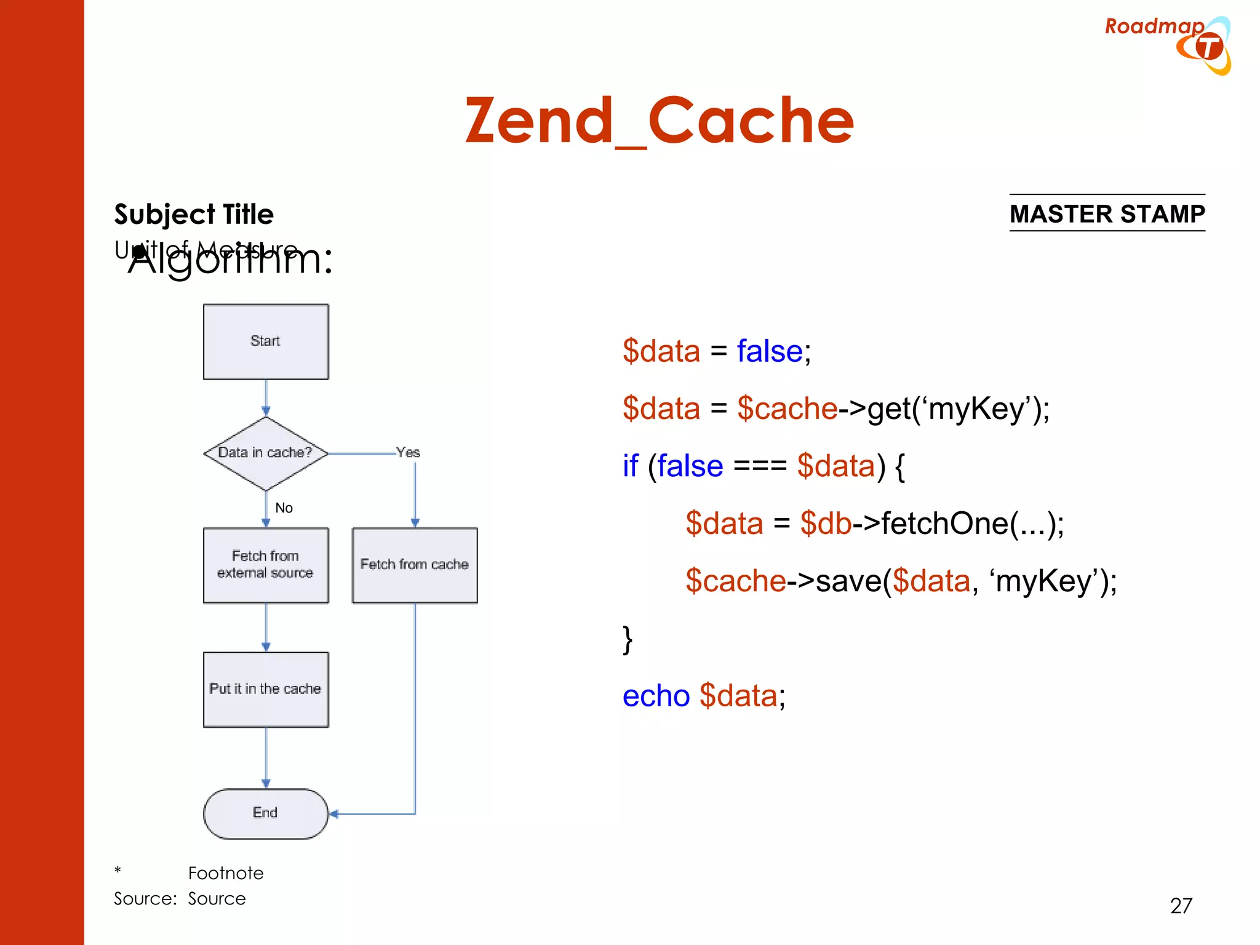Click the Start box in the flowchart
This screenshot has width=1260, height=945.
pos(266,341)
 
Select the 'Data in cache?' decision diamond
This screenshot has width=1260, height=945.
pos(266,453)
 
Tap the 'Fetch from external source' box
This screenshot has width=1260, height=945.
pos(266,565)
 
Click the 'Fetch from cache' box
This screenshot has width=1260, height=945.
pos(415,565)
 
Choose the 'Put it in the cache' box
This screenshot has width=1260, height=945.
pos(266,689)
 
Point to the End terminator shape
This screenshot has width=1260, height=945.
pos(266,813)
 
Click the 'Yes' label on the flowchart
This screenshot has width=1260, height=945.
pos(408,453)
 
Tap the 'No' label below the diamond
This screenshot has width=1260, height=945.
pos(284,508)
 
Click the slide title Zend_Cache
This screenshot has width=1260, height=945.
pos(659,121)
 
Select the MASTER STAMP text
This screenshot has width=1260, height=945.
pos(1107,214)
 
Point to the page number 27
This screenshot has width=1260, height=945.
pos(1181,906)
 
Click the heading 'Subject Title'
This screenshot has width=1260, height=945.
pos(194,215)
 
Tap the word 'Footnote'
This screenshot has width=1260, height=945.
pos(226,873)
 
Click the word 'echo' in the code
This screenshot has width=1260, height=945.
pos(656,696)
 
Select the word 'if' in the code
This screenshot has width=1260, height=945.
pos(631,466)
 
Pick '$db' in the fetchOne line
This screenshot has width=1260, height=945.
pos(826,524)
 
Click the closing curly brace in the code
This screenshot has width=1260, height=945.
pos(628,640)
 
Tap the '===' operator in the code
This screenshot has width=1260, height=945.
pos(760,466)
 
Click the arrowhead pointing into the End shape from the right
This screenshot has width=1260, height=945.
pos(334,814)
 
